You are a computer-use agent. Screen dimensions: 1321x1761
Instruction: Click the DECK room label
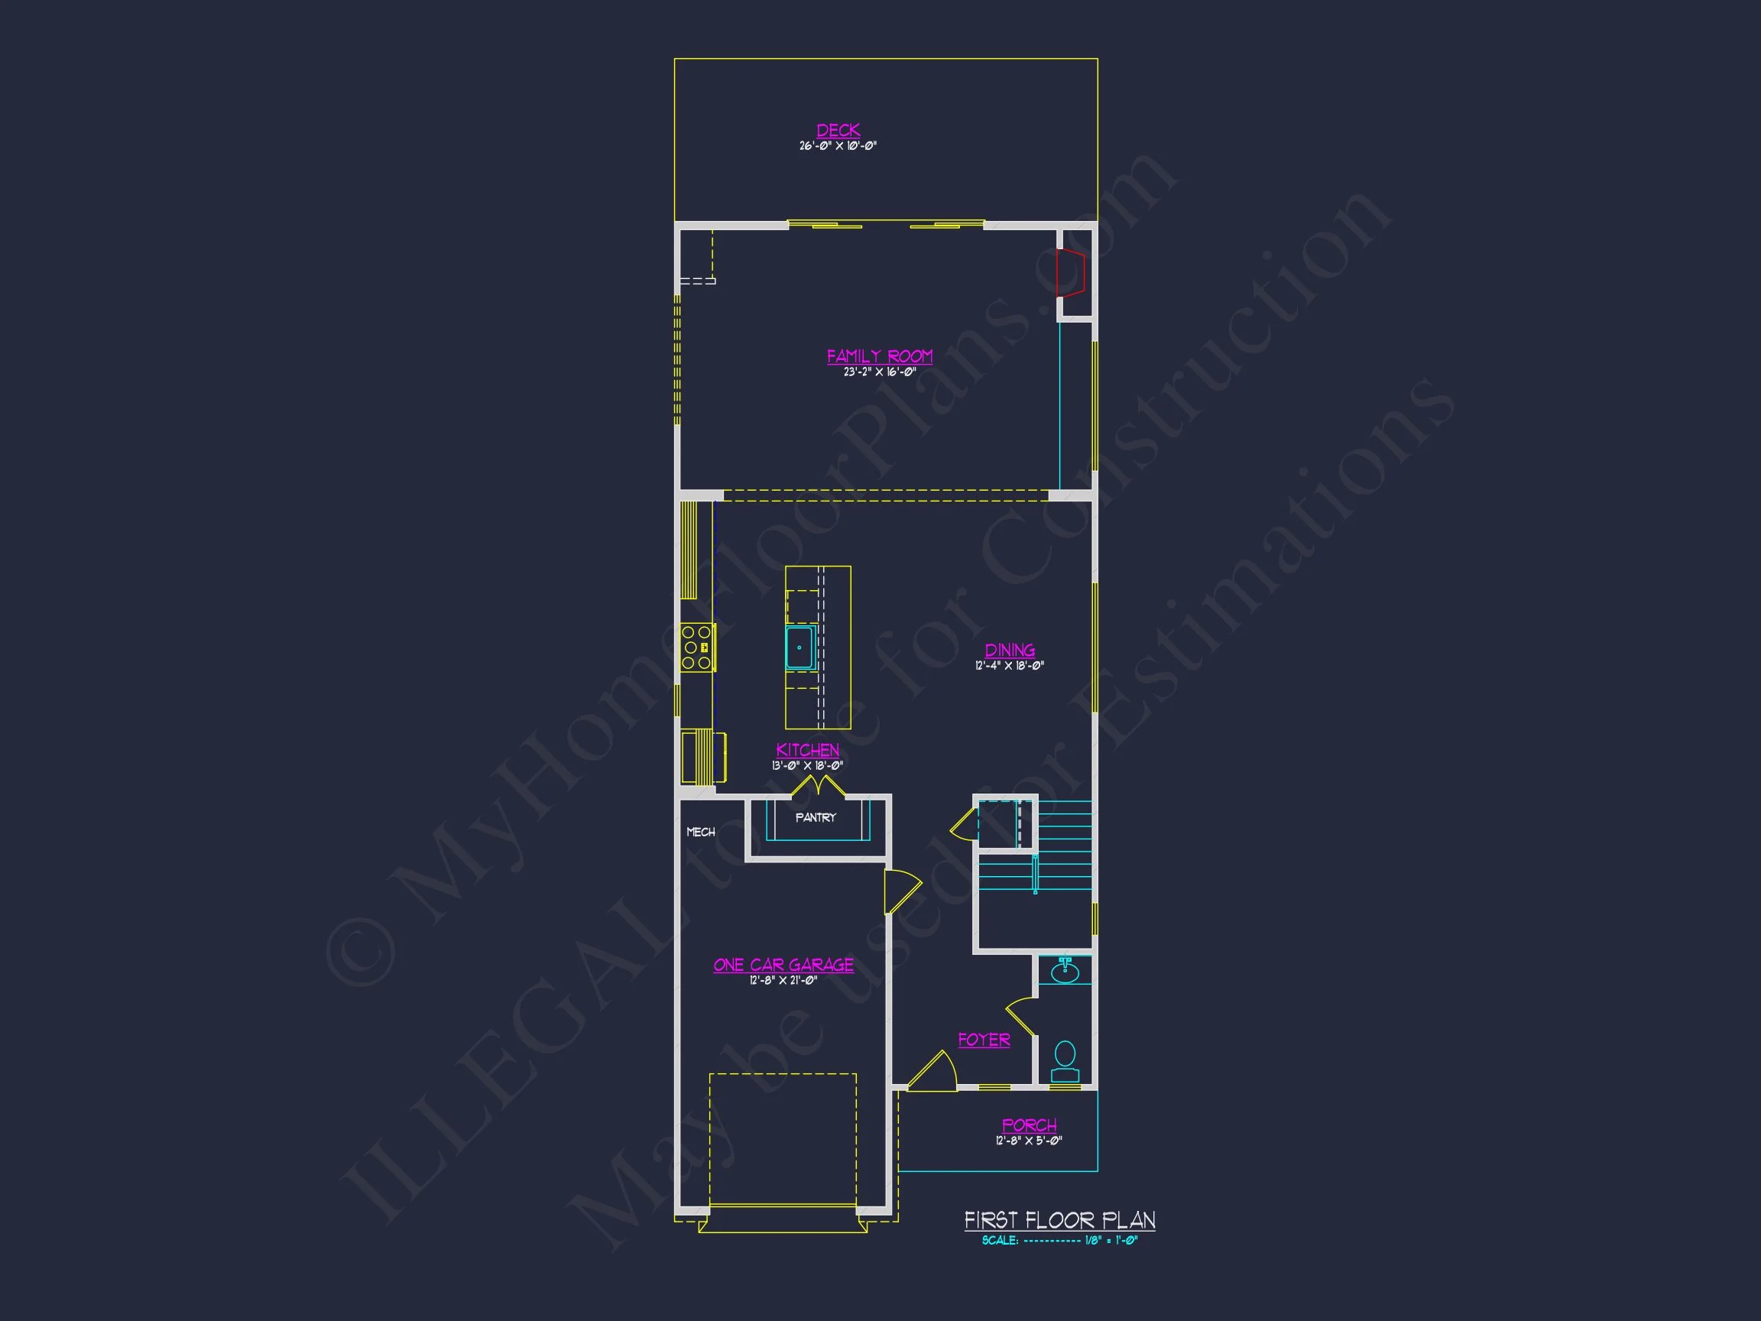838,130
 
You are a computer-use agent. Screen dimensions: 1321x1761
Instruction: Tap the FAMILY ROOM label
879,356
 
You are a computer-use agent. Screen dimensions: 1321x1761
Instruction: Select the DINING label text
1010,650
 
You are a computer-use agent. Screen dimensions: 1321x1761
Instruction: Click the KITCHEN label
807,750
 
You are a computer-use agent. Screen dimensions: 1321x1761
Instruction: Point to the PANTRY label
816,818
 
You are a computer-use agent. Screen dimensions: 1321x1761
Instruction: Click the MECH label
701,832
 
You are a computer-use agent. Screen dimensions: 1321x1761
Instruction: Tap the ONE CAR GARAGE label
783,965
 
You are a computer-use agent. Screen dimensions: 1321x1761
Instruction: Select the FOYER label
984,1040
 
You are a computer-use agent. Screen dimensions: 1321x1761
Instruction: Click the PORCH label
1029,1125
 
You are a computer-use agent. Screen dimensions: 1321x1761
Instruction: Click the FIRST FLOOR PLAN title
1059,1220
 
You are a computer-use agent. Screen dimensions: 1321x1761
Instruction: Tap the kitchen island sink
799,648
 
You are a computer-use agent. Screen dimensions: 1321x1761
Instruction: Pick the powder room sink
1065,972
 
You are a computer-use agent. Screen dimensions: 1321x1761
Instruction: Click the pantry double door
818,787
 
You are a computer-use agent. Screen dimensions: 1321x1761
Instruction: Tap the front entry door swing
933,1072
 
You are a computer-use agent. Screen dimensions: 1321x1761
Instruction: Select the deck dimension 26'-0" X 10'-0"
838,147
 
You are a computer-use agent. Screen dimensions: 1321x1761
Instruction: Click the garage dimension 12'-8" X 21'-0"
783,981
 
